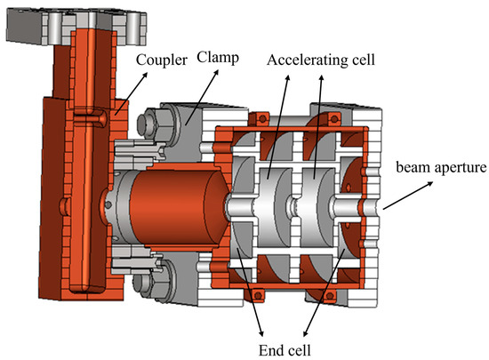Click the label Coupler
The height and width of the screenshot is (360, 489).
[162, 60]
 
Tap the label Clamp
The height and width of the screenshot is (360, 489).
[218, 58]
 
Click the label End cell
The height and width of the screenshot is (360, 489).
[285, 350]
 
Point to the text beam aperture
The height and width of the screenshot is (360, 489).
[441, 167]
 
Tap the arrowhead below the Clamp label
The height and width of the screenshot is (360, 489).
[216, 72]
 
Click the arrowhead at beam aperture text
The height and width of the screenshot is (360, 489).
[430, 184]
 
